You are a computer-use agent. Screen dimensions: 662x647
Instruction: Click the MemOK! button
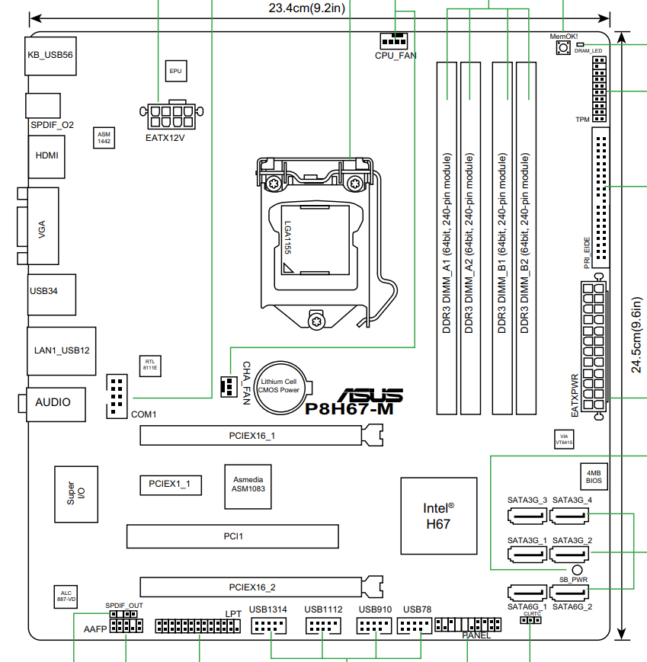[x=563, y=49]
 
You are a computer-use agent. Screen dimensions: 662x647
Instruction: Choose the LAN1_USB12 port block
[x=62, y=350]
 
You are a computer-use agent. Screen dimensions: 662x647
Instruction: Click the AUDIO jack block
[x=53, y=401]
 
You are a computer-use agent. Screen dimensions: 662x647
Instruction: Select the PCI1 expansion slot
[x=232, y=536]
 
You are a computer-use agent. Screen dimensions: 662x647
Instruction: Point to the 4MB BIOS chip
[x=594, y=477]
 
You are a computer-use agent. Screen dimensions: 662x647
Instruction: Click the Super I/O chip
[x=76, y=494]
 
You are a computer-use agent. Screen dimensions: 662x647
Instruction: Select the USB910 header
[x=374, y=626]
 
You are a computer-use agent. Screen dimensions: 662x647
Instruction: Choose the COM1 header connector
[x=115, y=396]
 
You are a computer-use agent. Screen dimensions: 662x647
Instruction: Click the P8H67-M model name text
[x=349, y=408]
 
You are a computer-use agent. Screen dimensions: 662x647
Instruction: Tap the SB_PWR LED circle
[x=576, y=570]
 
